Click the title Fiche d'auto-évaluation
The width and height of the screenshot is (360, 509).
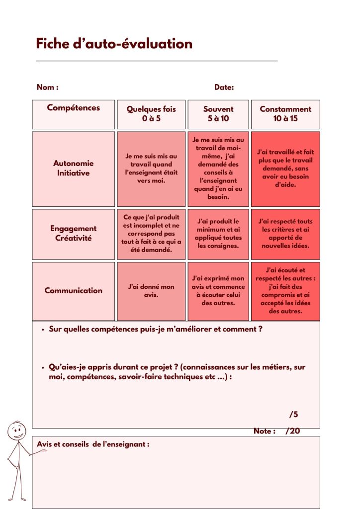click(x=114, y=44)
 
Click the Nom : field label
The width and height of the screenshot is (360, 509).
click(x=48, y=87)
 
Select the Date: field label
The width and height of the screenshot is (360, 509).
click(x=224, y=87)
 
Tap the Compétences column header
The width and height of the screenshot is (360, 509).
click(x=73, y=108)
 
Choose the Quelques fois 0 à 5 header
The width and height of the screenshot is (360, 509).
click(x=151, y=114)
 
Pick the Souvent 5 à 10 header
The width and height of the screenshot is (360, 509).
click(x=218, y=114)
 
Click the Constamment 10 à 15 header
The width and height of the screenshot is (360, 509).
click(x=285, y=114)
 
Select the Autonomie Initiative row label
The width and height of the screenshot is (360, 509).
click(x=73, y=168)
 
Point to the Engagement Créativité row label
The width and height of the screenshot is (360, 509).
click(x=73, y=234)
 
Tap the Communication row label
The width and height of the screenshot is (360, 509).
click(x=73, y=291)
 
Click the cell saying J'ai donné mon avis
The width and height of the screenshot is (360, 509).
click(x=151, y=291)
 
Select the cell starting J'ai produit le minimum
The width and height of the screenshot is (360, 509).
click(x=218, y=234)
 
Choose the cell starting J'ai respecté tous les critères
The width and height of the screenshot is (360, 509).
click(x=285, y=234)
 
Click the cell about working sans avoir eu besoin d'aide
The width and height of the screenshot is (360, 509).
click(x=285, y=168)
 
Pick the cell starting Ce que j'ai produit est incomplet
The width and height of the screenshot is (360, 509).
click(x=151, y=234)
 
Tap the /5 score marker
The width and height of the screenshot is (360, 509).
click(x=293, y=415)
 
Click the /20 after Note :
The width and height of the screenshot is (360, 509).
click(x=292, y=431)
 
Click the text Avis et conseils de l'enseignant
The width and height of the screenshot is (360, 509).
click(x=93, y=444)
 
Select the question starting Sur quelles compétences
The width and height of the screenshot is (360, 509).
click(x=155, y=329)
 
